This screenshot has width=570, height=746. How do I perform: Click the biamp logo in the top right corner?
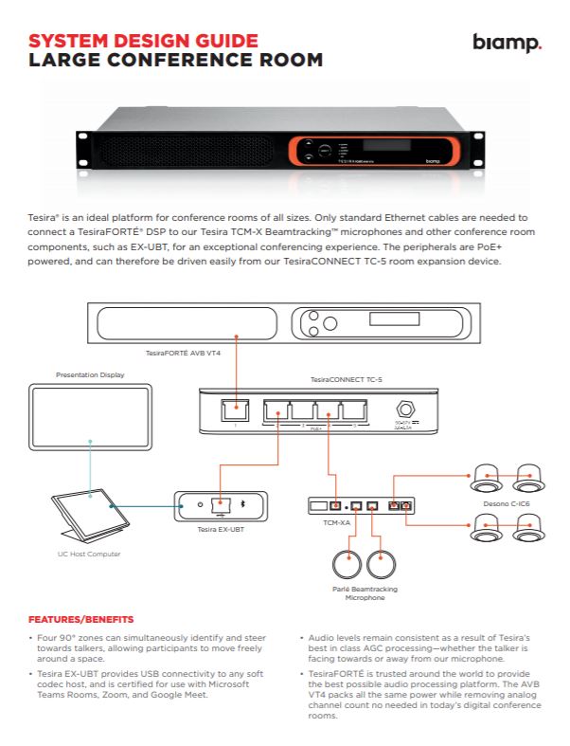(507, 44)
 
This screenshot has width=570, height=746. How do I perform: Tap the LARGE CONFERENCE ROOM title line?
(175, 60)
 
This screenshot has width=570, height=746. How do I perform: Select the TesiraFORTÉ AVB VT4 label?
(182, 352)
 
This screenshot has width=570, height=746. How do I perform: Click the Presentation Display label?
(90, 374)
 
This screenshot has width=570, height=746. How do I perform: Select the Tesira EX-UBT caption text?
(222, 529)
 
